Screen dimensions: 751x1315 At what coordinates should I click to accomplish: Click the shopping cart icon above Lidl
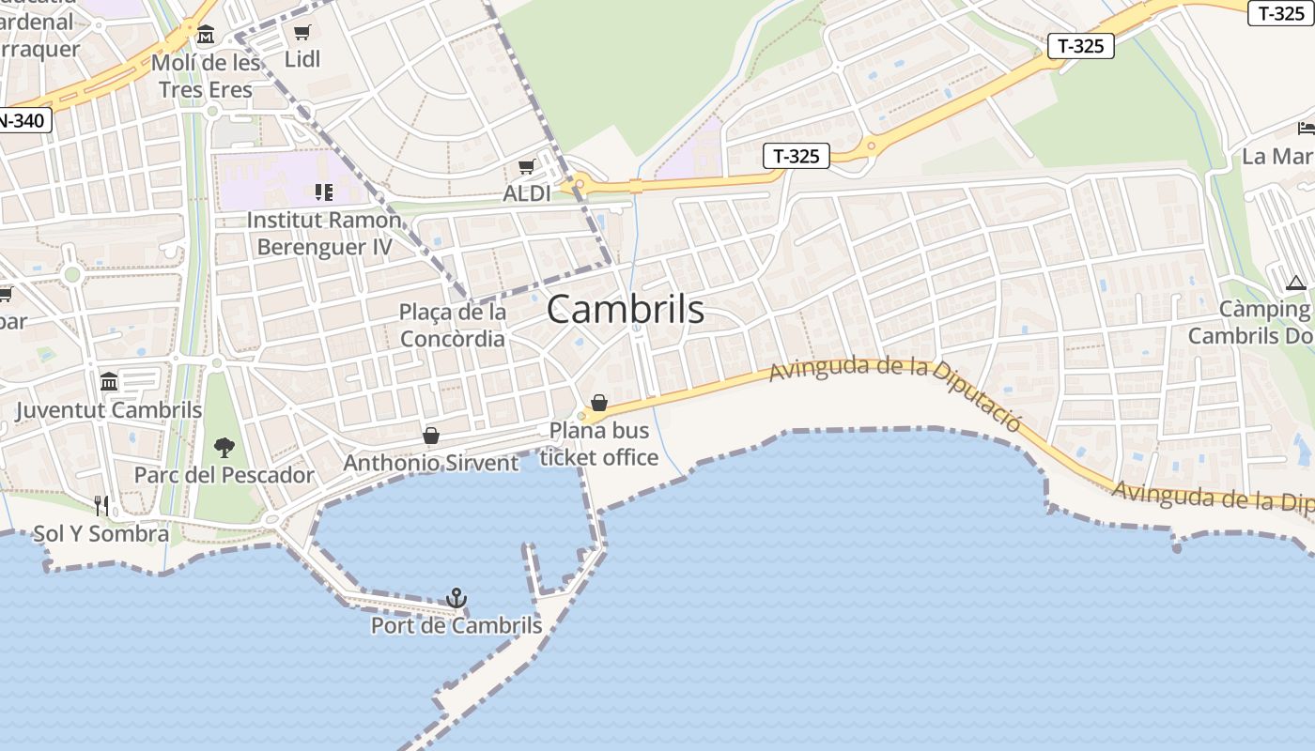pyautogui.click(x=302, y=33)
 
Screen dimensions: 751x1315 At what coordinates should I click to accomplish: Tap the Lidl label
pyautogui.click(x=302, y=59)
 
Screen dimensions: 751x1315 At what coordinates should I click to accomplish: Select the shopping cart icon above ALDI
pyautogui.click(x=526, y=167)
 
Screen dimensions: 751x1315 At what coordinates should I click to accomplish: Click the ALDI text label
pyautogui.click(x=527, y=193)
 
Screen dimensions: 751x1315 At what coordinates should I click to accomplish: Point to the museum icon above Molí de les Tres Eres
pyautogui.click(x=206, y=36)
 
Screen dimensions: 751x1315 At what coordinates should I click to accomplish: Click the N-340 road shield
pyautogui.click(x=21, y=120)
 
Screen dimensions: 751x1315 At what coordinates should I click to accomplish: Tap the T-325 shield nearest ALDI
pyautogui.click(x=797, y=156)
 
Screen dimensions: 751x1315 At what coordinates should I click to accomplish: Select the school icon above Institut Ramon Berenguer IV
pyautogui.click(x=324, y=192)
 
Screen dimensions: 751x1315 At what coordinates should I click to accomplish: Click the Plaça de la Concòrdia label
pyautogui.click(x=453, y=325)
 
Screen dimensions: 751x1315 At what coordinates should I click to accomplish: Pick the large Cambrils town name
pyautogui.click(x=625, y=309)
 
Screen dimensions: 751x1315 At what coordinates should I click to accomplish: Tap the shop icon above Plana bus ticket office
pyautogui.click(x=599, y=404)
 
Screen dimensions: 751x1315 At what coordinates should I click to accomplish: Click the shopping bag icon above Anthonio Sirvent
pyautogui.click(x=431, y=436)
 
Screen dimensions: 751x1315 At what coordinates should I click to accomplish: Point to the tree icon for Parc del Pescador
pyautogui.click(x=224, y=447)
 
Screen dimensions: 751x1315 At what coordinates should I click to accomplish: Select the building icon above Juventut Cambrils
pyautogui.click(x=109, y=382)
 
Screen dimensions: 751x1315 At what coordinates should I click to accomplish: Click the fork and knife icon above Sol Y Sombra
pyautogui.click(x=101, y=506)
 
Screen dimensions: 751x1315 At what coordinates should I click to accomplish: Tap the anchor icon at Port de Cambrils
pyautogui.click(x=456, y=598)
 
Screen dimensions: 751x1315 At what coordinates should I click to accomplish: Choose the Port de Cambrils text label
pyautogui.click(x=456, y=625)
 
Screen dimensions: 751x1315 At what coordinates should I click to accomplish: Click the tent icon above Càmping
pyautogui.click(x=1296, y=283)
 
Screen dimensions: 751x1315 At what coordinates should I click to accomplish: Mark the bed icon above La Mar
pyautogui.click(x=1306, y=128)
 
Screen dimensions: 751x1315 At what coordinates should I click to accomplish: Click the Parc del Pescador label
pyautogui.click(x=224, y=475)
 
